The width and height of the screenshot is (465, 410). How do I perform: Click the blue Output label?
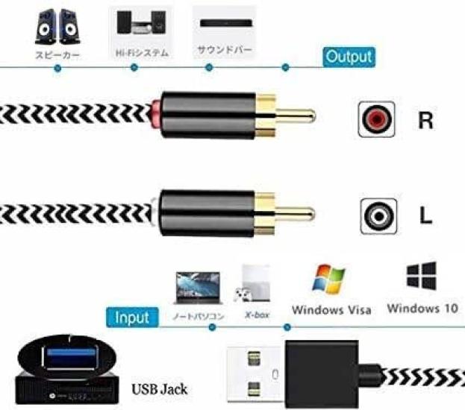pyautogui.click(x=348, y=57)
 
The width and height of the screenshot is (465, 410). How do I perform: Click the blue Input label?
pyautogui.click(x=131, y=317)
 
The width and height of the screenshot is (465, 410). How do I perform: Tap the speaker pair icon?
pyautogui.click(x=57, y=28)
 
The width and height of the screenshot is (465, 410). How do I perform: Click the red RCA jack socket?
pyautogui.click(x=376, y=119)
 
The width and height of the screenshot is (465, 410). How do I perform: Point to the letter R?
pyautogui.click(x=425, y=120)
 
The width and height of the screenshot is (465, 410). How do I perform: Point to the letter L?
pyautogui.click(x=425, y=216)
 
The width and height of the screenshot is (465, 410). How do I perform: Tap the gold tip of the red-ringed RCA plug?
pyautogui.click(x=296, y=116)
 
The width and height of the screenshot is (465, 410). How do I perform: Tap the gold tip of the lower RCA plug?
pyautogui.click(x=296, y=212)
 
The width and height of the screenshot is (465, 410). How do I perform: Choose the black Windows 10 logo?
pyautogui.click(x=421, y=276)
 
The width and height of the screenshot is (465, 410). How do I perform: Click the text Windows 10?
pyautogui.click(x=422, y=308)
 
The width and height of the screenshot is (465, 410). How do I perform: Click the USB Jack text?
pyautogui.click(x=159, y=388)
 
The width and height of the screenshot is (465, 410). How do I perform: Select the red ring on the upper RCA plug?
pyautogui.click(x=155, y=115)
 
